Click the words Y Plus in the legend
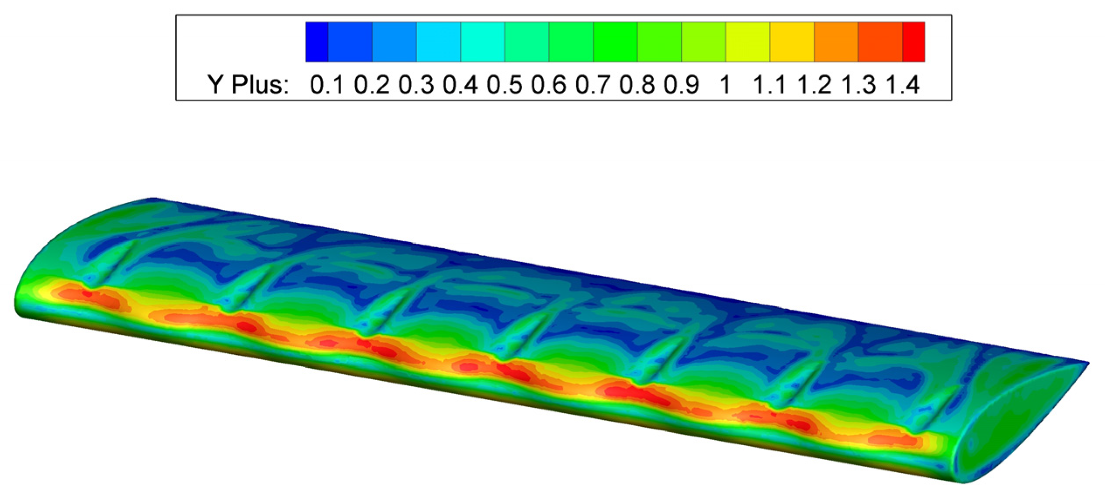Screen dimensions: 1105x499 point(248,84)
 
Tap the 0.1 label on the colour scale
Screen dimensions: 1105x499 point(327,84)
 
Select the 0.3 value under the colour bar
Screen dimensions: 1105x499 point(416,84)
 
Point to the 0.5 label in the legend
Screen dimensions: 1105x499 point(504,84)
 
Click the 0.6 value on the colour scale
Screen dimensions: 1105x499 point(548,84)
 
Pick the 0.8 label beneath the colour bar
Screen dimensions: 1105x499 point(637,84)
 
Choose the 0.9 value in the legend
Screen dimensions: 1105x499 point(681,84)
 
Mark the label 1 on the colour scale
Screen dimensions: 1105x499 point(725,84)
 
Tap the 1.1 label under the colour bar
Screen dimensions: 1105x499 point(770,84)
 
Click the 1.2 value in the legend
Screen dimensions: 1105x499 point(814,84)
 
